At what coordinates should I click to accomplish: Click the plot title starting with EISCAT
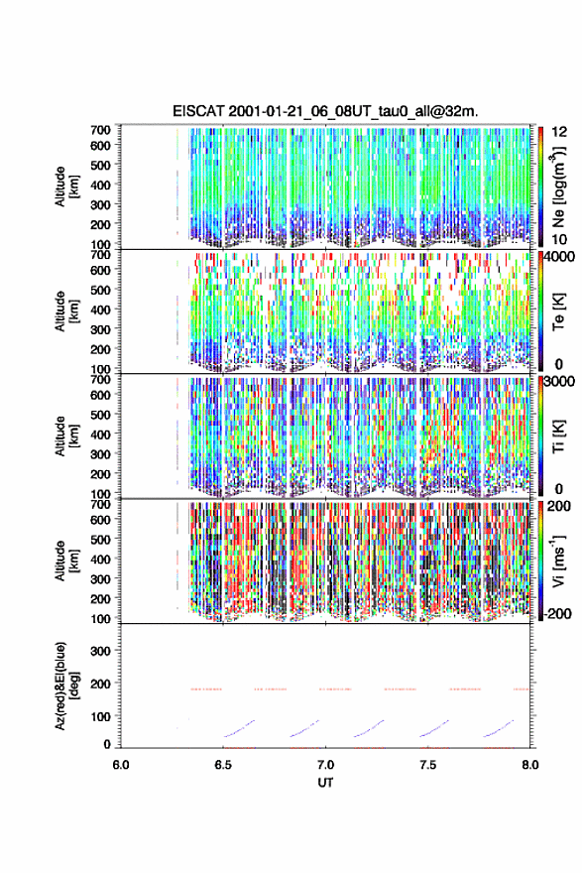[325, 111]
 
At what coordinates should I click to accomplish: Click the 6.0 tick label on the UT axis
[121, 765]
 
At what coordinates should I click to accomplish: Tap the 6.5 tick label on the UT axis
[223, 765]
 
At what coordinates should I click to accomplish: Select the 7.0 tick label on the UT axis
[325, 765]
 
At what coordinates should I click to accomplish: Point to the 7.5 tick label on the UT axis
[428, 765]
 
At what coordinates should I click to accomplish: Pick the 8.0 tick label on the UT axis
[530, 765]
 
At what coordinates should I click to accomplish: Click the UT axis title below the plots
[325, 783]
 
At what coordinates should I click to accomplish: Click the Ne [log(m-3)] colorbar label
[559, 186]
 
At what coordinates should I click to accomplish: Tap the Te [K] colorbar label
[559, 312]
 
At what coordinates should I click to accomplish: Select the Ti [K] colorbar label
[559, 436]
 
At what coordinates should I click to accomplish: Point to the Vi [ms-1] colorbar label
[558, 561]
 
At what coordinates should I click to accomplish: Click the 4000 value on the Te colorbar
[559, 257]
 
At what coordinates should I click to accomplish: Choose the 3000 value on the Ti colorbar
[559, 381]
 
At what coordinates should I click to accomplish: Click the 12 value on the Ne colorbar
[560, 132]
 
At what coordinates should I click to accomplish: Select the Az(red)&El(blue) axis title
[64, 686]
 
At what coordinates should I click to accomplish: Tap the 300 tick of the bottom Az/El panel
[101, 651]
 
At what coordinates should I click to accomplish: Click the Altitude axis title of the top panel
[65, 187]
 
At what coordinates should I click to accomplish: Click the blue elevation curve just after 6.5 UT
[239, 729]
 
